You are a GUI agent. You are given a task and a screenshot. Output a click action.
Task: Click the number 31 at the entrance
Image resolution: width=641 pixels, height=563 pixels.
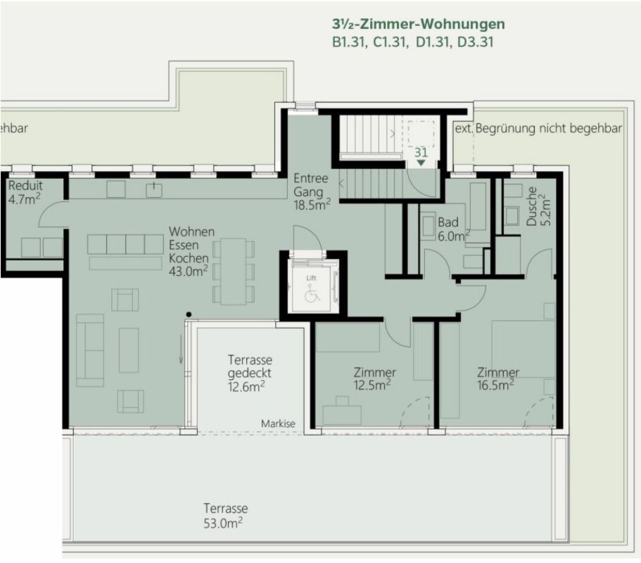point(421,152)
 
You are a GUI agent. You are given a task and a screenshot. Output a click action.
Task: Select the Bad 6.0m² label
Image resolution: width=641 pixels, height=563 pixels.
point(452,229)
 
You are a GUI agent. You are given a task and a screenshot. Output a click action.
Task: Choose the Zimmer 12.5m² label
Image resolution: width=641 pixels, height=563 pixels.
point(374,378)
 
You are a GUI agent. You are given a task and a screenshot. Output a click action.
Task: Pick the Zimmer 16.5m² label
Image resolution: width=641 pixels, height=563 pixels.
point(497,378)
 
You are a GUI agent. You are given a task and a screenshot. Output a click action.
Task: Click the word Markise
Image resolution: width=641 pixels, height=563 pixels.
point(278,424)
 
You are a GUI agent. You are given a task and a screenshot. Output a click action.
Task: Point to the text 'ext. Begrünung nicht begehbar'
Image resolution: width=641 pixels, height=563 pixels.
point(538,129)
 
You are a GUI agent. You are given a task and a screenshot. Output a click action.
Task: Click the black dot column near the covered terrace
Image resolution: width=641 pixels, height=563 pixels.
point(188,314)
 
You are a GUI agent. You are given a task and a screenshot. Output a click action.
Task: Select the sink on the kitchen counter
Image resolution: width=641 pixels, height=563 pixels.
point(153,189)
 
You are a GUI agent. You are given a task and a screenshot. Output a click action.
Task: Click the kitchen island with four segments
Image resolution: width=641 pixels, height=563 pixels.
point(127,244)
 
